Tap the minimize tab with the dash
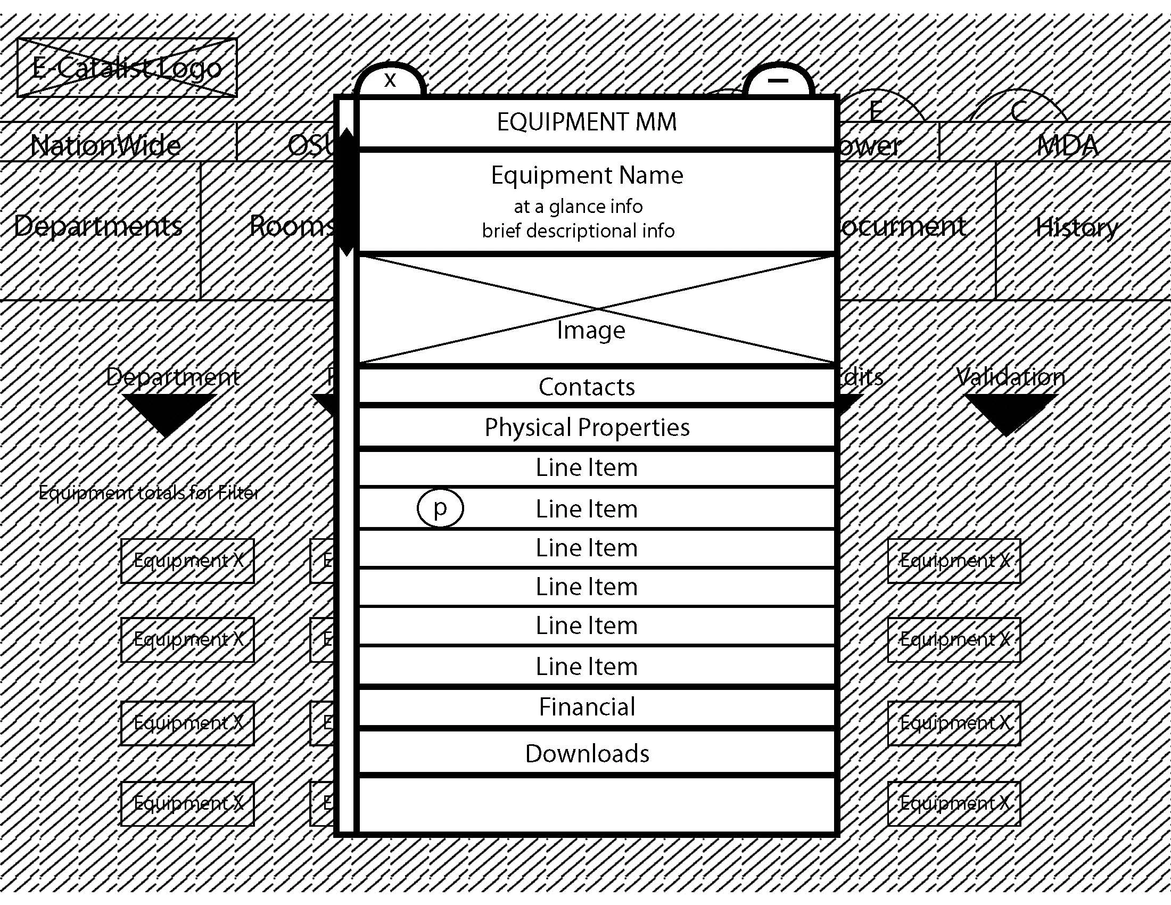coord(778,81)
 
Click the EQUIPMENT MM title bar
coord(587,122)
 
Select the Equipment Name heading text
coord(587,175)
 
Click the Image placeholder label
coord(591,330)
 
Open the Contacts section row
coord(587,386)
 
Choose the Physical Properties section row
coord(587,427)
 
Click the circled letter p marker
coord(440,508)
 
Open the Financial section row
coord(587,706)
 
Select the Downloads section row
coord(587,753)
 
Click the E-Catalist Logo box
coord(127,68)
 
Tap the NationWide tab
coord(106,145)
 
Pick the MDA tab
coord(1067,145)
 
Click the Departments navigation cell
coord(98,226)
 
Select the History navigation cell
coord(1077,227)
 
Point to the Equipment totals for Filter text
coord(149,492)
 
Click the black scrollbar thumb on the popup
coord(348,192)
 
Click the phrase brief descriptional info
coord(578,231)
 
